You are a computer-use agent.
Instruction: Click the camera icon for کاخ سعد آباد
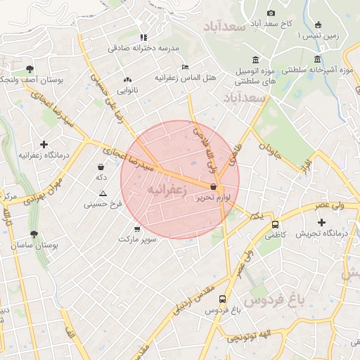[x=271, y=13]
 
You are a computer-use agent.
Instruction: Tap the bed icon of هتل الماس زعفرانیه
[x=185, y=67]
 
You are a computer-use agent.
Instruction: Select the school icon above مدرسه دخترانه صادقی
[x=143, y=37]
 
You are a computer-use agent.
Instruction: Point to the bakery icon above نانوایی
[x=127, y=80]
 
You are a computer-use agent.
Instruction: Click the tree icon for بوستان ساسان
[x=34, y=234]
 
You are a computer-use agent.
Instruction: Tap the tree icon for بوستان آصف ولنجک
[x=30, y=69]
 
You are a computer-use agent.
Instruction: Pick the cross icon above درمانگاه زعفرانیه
[x=44, y=143]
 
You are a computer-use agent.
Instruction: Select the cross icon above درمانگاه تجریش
[x=321, y=222]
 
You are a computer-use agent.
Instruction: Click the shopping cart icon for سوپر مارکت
[x=136, y=229]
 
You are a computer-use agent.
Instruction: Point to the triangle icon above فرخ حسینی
[x=103, y=193]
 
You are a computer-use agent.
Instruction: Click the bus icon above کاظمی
[x=275, y=225]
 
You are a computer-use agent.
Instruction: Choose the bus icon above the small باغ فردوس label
[x=223, y=298]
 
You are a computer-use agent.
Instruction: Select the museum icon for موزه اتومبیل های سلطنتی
[x=255, y=60]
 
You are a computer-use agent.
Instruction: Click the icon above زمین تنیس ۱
[x=318, y=25]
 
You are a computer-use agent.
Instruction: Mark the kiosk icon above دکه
[x=101, y=167]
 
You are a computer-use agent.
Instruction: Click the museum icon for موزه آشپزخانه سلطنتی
[x=318, y=59]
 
